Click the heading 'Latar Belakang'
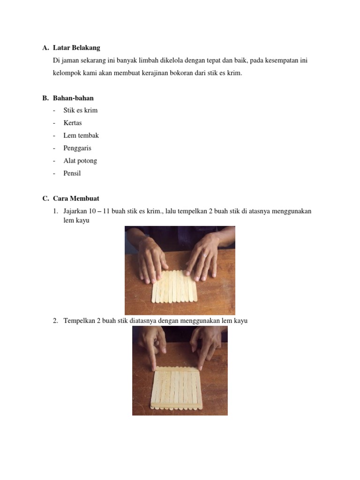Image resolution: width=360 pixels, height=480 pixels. coord(76,48)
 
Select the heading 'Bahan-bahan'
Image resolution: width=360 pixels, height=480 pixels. coord(73,98)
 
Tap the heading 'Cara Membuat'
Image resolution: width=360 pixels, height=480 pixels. coord(76,198)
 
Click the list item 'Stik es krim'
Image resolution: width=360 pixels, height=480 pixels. coord(81,111)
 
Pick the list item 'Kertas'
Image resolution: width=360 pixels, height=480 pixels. coord(73,123)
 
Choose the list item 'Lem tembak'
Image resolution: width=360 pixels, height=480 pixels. coord(81,135)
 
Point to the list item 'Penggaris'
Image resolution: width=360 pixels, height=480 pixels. coord(77,148)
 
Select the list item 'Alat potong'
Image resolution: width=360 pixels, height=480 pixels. coord(80,161)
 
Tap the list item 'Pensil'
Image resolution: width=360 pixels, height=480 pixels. coord(72,173)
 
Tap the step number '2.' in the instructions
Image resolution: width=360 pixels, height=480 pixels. coord(55,321)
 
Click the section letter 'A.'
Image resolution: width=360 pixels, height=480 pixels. coord(45,48)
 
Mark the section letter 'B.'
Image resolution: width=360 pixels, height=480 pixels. coord(45,98)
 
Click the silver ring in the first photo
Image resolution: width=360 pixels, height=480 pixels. coord(205,255)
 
